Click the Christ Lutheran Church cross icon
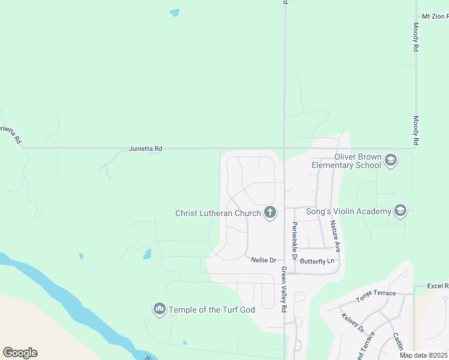(x=270, y=212)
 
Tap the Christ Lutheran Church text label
(x=218, y=213)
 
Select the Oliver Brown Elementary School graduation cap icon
(x=391, y=160)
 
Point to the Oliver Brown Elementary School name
(x=345, y=161)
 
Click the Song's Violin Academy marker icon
(x=400, y=211)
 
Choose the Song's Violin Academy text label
(x=348, y=211)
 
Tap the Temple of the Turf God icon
(x=160, y=309)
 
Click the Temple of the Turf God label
(x=212, y=310)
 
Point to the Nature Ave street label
(x=337, y=235)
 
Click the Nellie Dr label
(x=264, y=260)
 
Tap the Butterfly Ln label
(x=316, y=261)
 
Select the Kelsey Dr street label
(x=352, y=322)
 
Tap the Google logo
(x=20, y=352)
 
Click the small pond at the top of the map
(x=175, y=12)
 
